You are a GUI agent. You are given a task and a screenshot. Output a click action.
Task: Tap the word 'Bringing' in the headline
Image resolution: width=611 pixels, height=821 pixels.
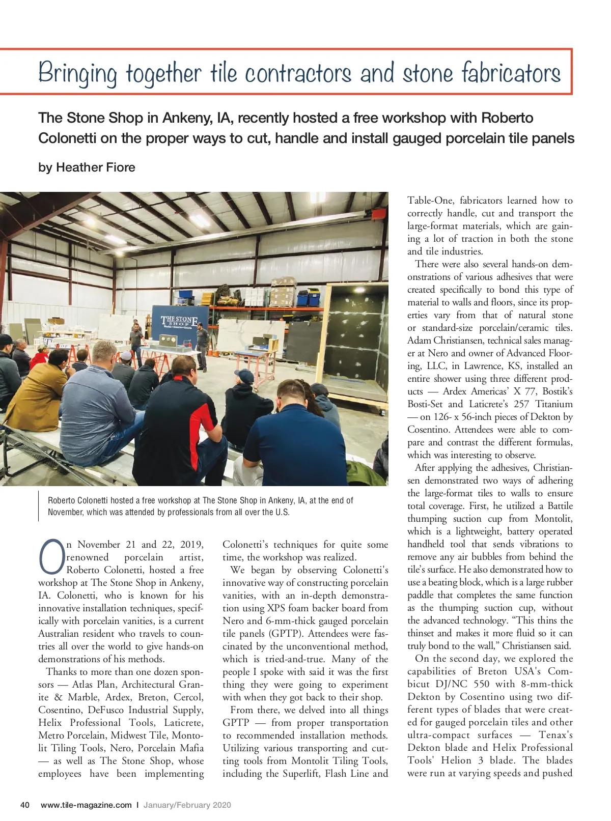click(77, 74)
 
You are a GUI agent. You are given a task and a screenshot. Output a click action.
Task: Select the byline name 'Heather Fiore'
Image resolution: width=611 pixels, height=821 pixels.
click(96, 167)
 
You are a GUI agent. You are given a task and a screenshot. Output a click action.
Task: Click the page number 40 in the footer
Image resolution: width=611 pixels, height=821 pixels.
click(24, 805)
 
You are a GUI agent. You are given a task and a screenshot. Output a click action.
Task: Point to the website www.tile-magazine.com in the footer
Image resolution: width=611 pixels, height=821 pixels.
click(86, 805)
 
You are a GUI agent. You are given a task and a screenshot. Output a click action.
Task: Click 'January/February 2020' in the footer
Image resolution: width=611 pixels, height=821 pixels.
click(187, 805)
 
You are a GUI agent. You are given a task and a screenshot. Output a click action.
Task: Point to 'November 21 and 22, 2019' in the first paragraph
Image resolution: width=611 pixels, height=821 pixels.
click(140, 545)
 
